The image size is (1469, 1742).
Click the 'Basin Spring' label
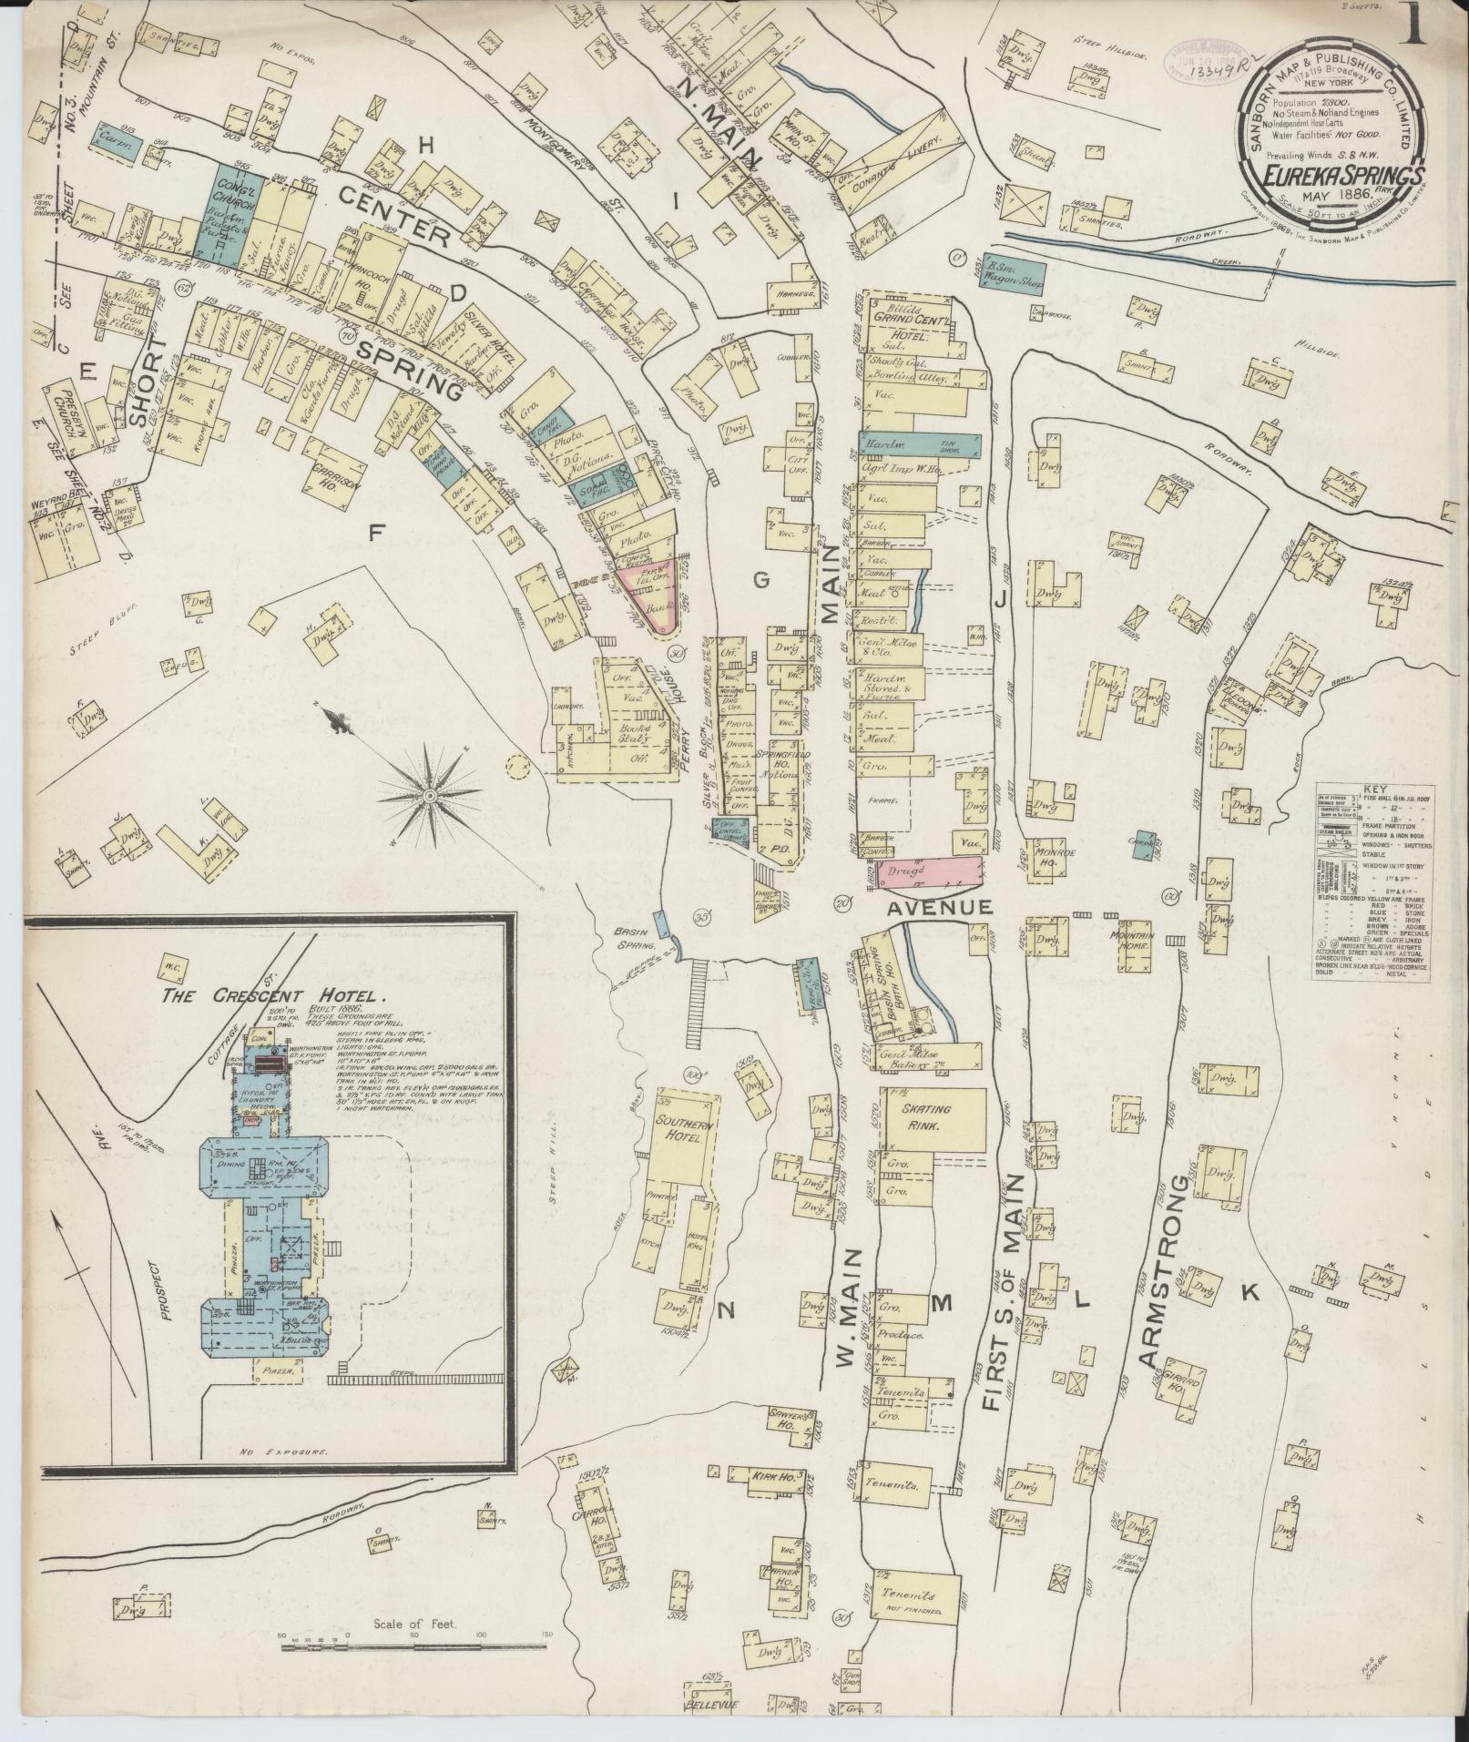tap(636, 939)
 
